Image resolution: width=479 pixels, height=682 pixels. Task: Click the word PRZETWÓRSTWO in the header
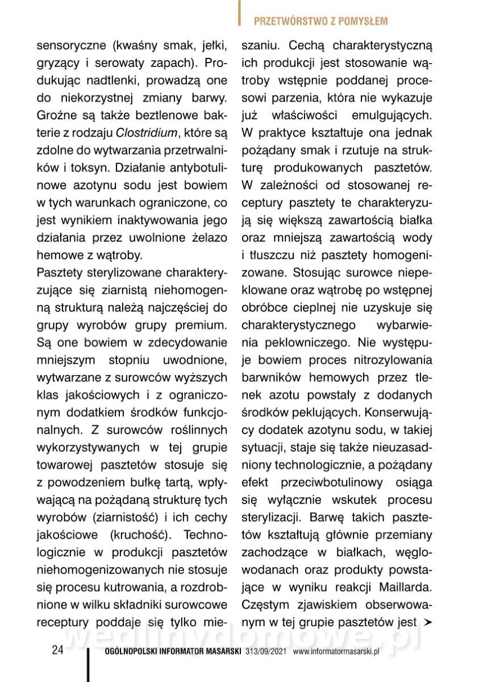coord(286,22)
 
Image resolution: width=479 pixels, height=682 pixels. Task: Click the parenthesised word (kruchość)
coord(136,535)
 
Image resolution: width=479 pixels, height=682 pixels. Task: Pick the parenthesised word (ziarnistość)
coord(122,518)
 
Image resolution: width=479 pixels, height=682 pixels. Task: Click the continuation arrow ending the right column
coord(428,621)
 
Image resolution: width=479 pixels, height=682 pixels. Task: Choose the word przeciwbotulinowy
coord(332,482)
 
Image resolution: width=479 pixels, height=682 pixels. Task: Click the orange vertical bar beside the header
coord(240,13)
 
